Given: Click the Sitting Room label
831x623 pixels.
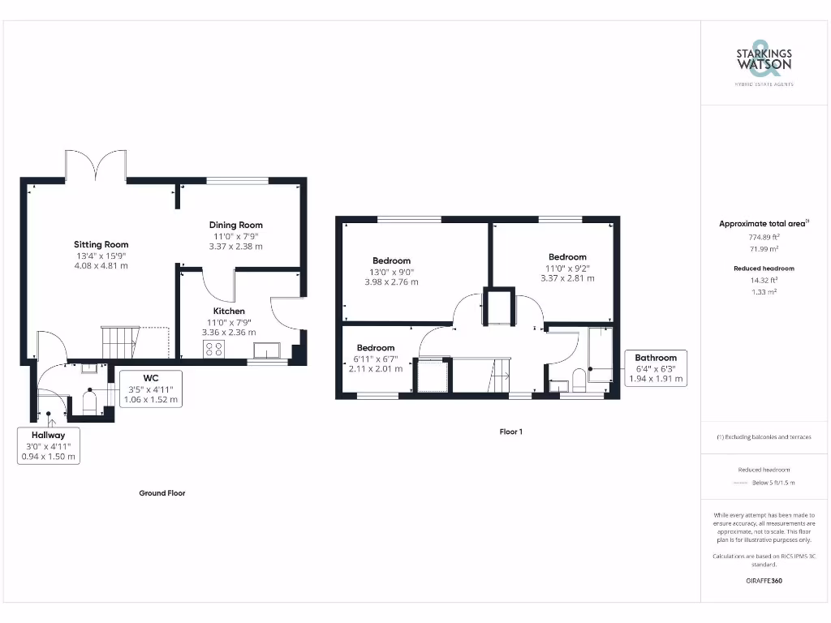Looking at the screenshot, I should [x=101, y=244].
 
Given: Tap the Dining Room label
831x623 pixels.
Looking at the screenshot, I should [x=235, y=225].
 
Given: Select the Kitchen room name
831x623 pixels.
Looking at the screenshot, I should [x=229, y=311].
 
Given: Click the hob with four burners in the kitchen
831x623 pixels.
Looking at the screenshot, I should [x=214, y=349].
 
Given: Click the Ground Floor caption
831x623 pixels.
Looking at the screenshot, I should [x=163, y=492].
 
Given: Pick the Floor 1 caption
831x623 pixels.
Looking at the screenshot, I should [x=510, y=432].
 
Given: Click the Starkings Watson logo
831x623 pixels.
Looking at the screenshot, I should [x=764, y=62].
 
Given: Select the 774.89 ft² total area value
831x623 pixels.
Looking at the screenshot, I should [x=764, y=237].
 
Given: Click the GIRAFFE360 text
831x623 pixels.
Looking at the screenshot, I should [x=764, y=581].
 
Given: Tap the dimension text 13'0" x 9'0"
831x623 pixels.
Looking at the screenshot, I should [x=392, y=272].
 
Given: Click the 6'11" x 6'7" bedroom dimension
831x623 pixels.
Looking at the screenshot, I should [x=376, y=358].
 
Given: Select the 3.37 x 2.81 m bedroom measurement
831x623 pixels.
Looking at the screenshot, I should [x=567, y=278].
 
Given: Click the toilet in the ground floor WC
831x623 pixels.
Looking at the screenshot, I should [x=88, y=402].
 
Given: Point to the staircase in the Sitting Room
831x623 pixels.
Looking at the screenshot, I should [x=118, y=342].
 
